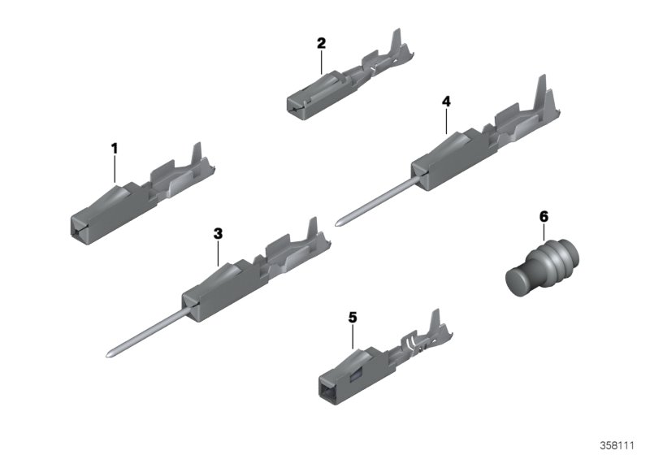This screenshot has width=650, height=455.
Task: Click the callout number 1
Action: click(x=115, y=149)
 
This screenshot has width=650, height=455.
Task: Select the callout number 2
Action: click(x=321, y=42)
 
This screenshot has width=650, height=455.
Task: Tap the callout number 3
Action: click(x=218, y=233)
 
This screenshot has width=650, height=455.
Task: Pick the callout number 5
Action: click(x=353, y=318)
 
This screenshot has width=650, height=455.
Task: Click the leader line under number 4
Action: click(x=446, y=120)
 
